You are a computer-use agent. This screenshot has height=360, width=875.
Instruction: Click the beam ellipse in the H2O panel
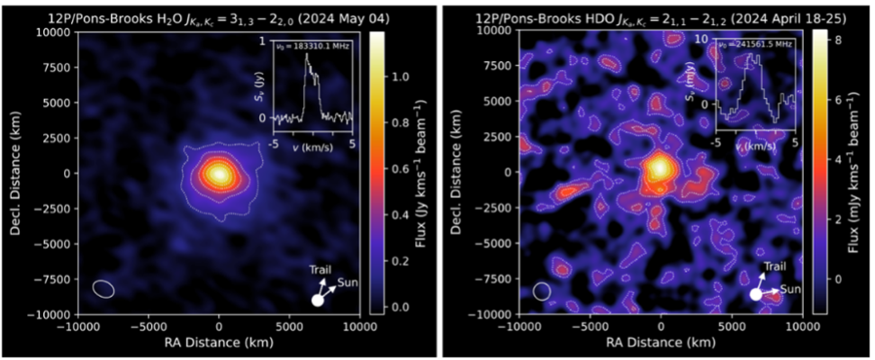[x=104, y=289]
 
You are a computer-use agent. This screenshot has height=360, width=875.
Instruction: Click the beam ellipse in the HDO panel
[x=541, y=291]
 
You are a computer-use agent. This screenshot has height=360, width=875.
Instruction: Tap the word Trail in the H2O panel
[x=320, y=269]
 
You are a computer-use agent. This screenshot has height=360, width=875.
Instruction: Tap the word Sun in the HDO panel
[x=789, y=289]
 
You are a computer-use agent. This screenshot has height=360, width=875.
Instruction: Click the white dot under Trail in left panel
[x=317, y=301]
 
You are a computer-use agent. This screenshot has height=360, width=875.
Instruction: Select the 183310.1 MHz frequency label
[x=313, y=45]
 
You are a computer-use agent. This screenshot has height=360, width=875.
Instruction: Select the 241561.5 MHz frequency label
[x=757, y=45]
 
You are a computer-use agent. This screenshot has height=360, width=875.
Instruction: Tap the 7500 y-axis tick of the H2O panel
[x=59, y=66]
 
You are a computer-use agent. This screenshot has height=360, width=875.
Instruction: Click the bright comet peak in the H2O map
[x=218, y=172]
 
